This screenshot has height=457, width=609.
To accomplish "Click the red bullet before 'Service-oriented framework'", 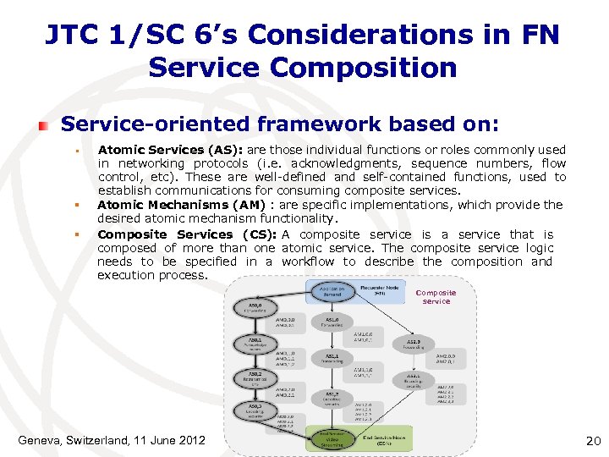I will tap(42, 124).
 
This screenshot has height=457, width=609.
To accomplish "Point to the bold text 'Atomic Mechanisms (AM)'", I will tap(165, 204).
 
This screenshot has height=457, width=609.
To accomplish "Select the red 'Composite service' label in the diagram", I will tap(436, 297).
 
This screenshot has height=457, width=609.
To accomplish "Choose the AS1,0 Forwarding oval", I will tap(332, 324).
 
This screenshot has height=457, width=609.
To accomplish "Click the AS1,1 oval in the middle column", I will tap(332, 359).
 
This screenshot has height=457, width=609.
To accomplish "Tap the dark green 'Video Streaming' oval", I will tap(332, 438).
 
